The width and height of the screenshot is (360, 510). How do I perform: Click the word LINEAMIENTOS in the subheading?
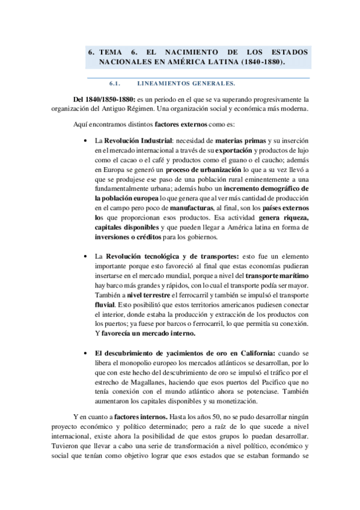[x=163, y=84]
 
